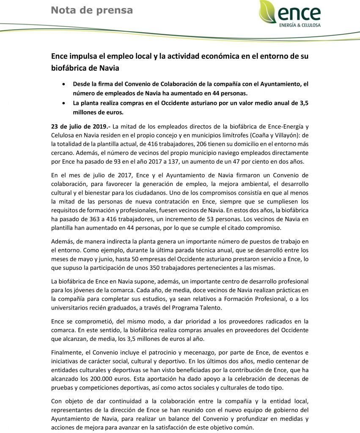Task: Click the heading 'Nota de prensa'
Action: pyautogui.click(x=91, y=10)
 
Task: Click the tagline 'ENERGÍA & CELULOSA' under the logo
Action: pyautogui.click(x=300, y=25)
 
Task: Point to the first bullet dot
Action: pyautogui.click(x=63, y=84)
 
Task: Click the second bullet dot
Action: pyautogui.click(x=63, y=103)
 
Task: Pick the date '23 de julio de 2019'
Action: pyautogui.click(x=81, y=126)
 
